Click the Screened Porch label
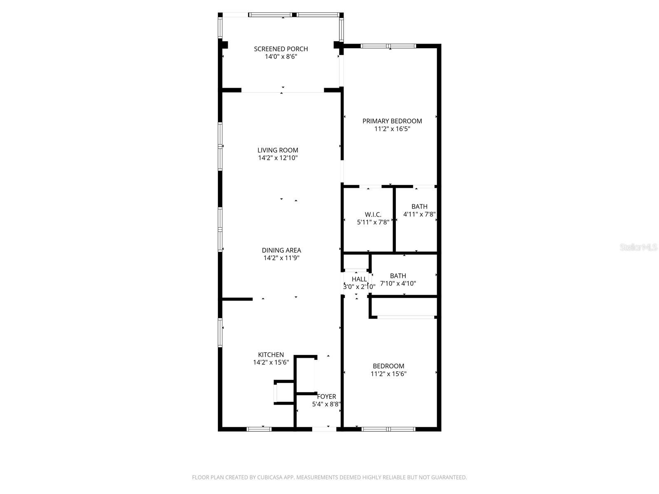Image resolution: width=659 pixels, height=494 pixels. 280,49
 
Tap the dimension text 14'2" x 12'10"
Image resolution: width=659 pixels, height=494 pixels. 278,158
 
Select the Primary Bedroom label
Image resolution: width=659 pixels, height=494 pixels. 392,121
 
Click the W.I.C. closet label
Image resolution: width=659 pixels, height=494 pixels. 373,214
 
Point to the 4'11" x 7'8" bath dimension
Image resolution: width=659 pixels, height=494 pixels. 419,214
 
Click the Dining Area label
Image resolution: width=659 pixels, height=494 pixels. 281,250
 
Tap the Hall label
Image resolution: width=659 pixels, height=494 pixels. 359,279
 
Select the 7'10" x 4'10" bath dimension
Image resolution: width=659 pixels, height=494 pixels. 398,284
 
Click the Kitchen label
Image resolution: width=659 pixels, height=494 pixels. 271,355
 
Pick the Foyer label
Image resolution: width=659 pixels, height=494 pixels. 326,396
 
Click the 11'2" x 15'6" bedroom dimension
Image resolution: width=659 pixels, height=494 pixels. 388,374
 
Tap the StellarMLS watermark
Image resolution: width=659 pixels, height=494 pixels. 638,247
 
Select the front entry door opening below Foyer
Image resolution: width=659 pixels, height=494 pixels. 325,429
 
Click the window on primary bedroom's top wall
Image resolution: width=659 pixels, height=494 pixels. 388,46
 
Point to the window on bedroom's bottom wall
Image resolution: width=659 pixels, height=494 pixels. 388,429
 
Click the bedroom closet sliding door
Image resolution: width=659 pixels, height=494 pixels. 406,317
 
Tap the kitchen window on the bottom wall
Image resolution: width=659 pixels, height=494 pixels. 259,429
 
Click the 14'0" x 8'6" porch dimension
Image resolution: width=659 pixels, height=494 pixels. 280,57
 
